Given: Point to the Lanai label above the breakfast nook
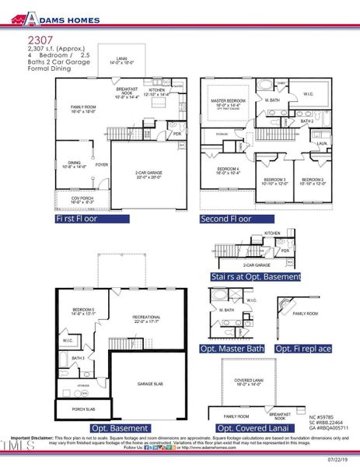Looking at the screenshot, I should click(122, 61).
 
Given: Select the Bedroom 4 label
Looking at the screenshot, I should click(227, 170).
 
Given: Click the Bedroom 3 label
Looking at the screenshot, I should click(275, 181).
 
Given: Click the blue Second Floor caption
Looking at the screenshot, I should click(225, 219).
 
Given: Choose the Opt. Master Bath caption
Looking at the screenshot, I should click(233, 349).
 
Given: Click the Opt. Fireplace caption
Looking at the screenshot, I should click(304, 349).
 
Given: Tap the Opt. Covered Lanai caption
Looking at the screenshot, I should click(246, 428).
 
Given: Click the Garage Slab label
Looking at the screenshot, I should click(149, 384).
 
